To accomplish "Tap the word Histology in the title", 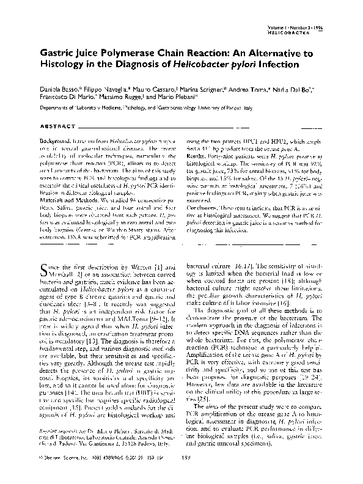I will click(62, 64).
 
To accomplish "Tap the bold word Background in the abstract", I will click(57, 141).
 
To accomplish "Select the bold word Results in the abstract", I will click(197, 156).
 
